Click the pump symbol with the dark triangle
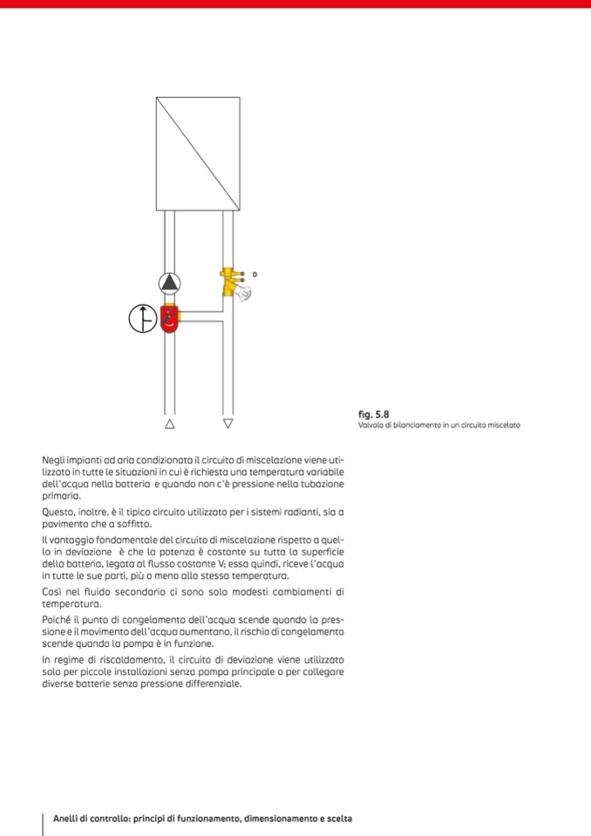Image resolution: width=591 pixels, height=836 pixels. (170, 282)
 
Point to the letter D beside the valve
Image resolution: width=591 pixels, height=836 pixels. (255, 275)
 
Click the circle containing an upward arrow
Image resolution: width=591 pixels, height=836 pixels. (142, 319)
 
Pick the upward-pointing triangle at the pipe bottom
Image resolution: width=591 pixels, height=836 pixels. (169, 425)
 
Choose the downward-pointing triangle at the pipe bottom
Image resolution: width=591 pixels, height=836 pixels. (228, 425)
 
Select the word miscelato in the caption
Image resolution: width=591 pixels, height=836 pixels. (504, 425)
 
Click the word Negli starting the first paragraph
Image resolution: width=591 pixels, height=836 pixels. (53, 459)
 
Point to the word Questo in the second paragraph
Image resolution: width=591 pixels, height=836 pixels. (58, 512)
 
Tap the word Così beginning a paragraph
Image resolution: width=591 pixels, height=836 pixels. (51, 591)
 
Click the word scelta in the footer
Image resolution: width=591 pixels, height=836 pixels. (336, 819)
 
